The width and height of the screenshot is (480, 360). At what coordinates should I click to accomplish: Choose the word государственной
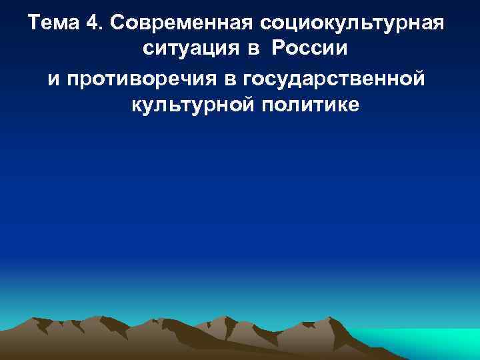pyautogui.click(x=337, y=79)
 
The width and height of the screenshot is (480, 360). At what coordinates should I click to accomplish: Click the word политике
pyautogui.click(x=311, y=105)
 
